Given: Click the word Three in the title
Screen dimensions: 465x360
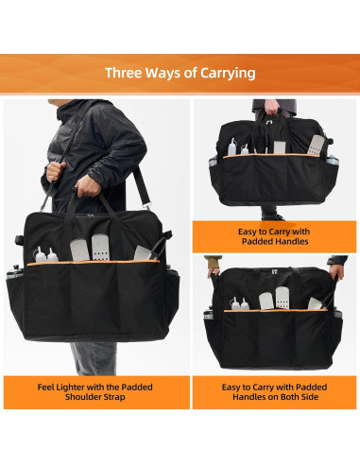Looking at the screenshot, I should tap(124, 73).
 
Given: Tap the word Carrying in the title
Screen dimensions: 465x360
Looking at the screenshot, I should tap(223, 73).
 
